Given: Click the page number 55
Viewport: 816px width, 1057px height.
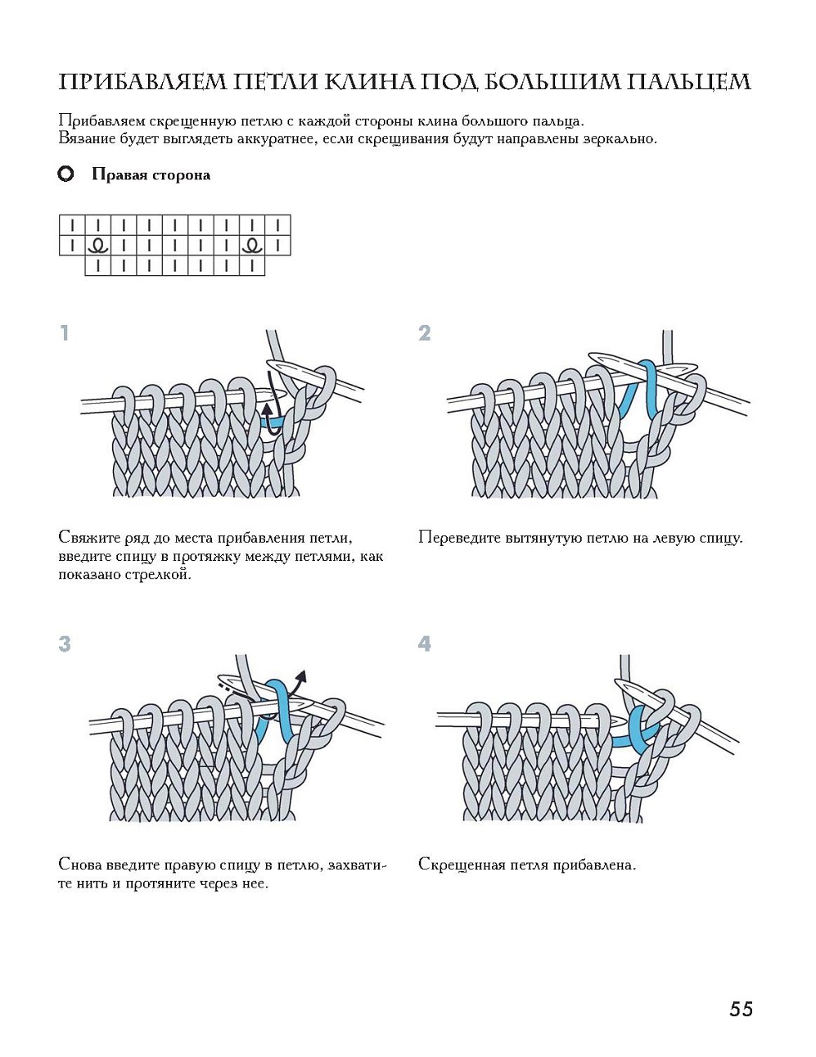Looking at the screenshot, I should tap(740, 1009).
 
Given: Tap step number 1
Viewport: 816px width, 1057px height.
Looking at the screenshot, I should tap(64, 333).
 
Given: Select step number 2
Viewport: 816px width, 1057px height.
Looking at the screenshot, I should tap(424, 333).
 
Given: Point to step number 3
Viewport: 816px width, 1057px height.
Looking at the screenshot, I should tap(65, 644).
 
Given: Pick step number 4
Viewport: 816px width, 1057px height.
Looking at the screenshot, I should tap(424, 644).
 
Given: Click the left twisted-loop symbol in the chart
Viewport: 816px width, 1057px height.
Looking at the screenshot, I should tap(98, 244).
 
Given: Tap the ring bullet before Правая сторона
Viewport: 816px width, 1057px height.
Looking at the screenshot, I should tap(66, 174).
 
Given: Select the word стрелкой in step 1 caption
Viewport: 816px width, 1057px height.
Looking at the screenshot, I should tap(160, 574).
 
